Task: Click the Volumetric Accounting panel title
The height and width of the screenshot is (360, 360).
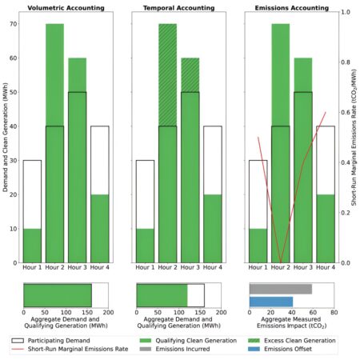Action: [x=66, y=7]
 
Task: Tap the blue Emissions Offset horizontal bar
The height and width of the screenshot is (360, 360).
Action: [x=271, y=302]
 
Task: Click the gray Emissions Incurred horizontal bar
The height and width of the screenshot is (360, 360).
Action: [x=281, y=289]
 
